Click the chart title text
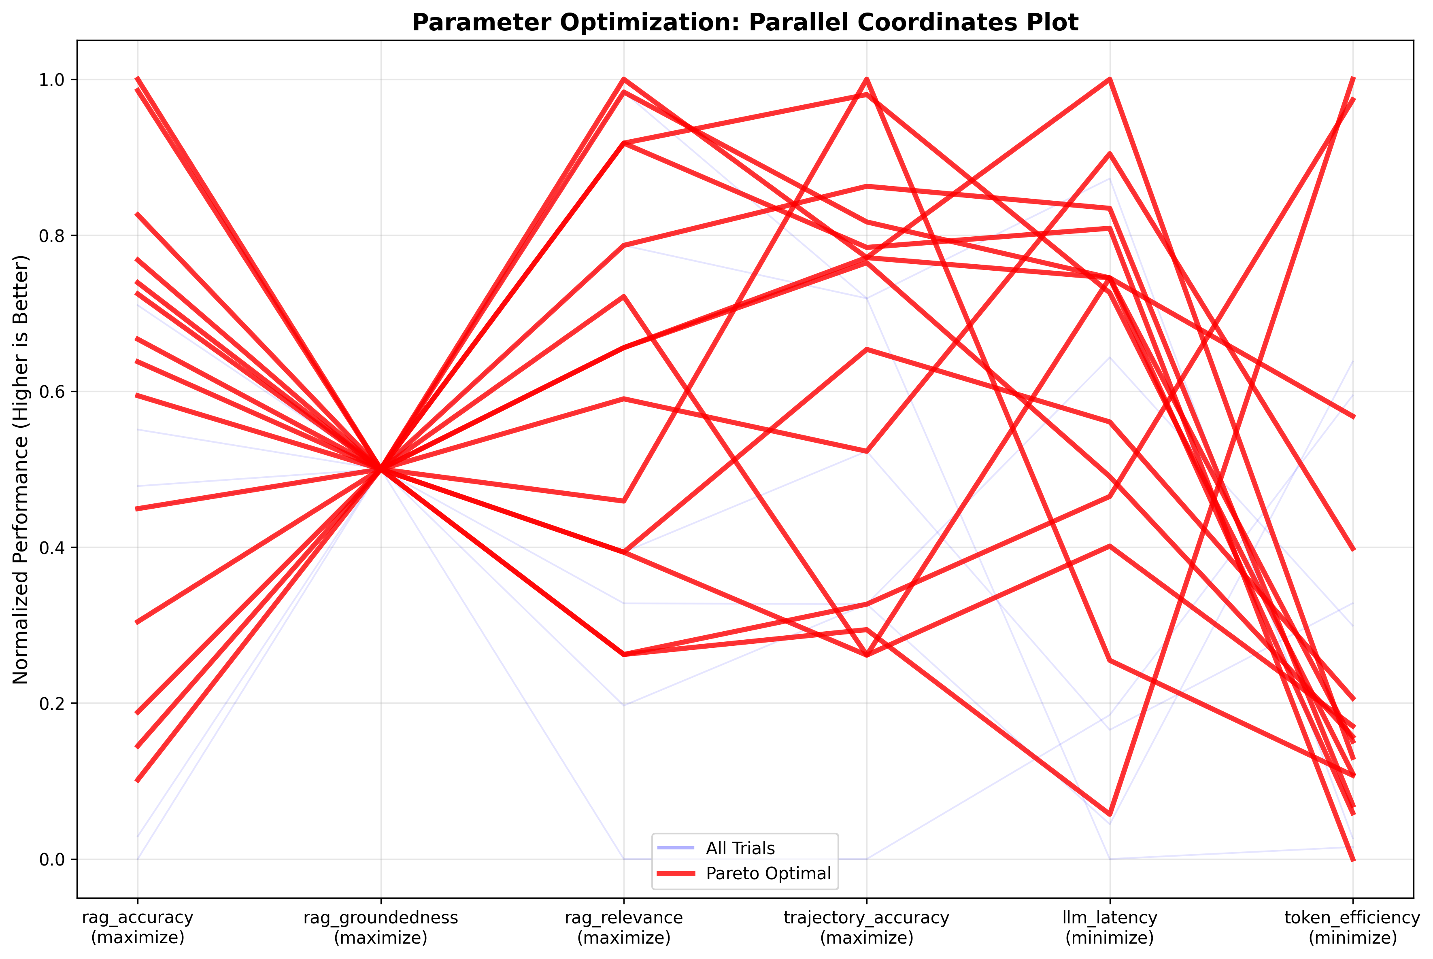pyautogui.click(x=745, y=23)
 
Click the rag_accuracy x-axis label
pyautogui.click(x=138, y=927)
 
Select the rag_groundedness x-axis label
pyautogui.click(x=381, y=927)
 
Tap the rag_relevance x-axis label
pyautogui.click(x=623, y=927)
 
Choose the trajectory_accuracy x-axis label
pyautogui.click(x=866, y=927)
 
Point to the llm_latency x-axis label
pyautogui.click(x=1109, y=927)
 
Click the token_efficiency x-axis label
pyautogui.click(x=1352, y=927)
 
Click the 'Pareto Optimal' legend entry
pyautogui.click(x=768, y=873)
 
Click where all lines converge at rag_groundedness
pyautogui.click(x=381, y=469)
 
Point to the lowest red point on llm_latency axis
pyautogui.click(x=1109, y=815)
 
